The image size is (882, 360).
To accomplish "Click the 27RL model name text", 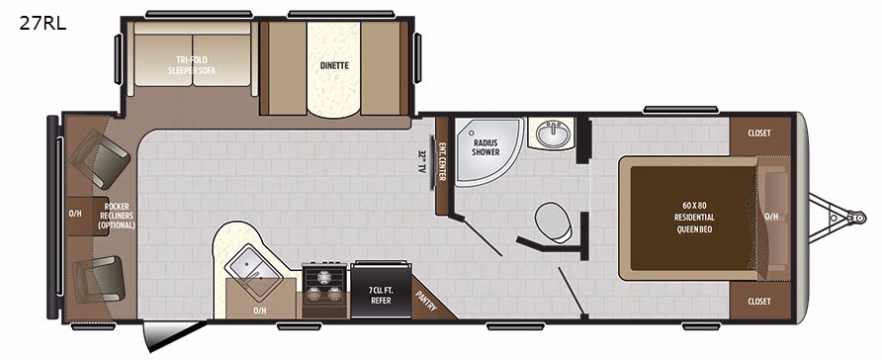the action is [43, 23].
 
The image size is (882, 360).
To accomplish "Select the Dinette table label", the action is [334, 66].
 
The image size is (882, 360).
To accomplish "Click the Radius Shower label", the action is [486, 147].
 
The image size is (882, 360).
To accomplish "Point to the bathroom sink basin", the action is [554, 134].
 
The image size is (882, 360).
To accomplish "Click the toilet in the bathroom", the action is [554, 223].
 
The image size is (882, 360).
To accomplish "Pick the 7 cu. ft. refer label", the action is [381, 296].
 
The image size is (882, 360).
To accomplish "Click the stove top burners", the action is [325, 285].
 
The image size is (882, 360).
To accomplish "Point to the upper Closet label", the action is [759, 134].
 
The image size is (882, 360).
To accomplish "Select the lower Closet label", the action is [759, 302].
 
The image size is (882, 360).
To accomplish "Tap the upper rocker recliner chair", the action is [100, 158].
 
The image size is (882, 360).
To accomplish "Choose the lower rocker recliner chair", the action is [99, 279].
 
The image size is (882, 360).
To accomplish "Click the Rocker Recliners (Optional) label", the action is [117, 216].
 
